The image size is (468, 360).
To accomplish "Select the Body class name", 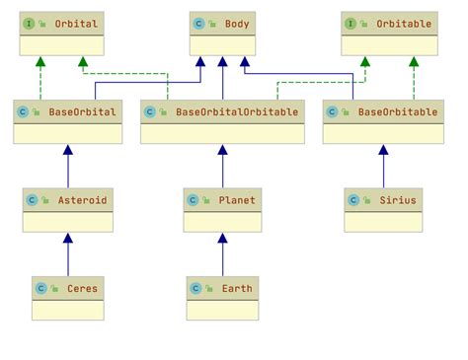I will pyautogui.click(x=237, y=23).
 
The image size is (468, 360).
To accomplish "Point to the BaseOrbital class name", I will pyautogui.click(x=83, y=111).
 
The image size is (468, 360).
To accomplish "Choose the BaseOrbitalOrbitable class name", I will pyautogui.click(x=235, y=111).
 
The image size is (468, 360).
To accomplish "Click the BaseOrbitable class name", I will pyautogui.click(x=398, y=111).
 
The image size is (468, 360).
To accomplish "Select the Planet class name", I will pyautogui.click(x=237, y=199).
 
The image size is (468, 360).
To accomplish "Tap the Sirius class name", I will pyautogui.click(x=398, y=199).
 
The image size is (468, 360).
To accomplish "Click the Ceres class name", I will pyautogui.click(x=82, y=288).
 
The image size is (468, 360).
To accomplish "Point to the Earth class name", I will pyautogui.click(x=237, y=288).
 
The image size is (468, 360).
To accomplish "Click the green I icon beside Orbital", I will pyautogui.click(x=30, y=23).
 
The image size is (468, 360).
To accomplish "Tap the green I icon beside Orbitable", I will pyautogui.click(x=351, y=23).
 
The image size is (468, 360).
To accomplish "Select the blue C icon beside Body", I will pyautogui.click(x=199, y=23).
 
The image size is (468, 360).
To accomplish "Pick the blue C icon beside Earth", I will pyautogui.click(x=195, y=288).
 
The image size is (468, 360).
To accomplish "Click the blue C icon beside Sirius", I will pyautogui.click(x=353, y=199).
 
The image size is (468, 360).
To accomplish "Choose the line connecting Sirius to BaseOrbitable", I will pyautogui.click(x=384, y=168).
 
